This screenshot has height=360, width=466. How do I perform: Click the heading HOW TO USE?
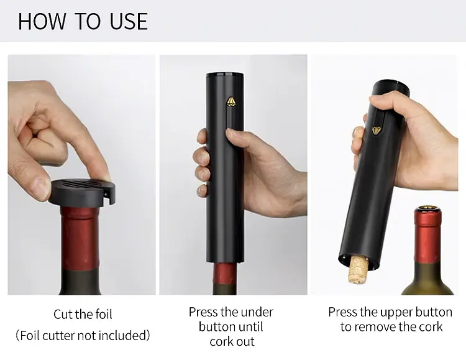tap(83, 21)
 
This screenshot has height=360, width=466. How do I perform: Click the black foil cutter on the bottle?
tap(82, 193)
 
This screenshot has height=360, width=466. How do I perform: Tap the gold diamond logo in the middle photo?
tap(231, 101)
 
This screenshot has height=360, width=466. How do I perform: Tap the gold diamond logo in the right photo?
tap(377, 131)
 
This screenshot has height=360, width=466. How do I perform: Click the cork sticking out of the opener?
tap(358, 270)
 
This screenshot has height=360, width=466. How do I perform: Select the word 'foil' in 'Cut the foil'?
tap(104, 314)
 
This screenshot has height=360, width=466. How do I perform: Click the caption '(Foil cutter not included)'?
tap(83, 335)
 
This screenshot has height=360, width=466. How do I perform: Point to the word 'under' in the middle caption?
tap(257, 312)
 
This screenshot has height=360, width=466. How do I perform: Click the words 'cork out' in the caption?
tap(232, 341)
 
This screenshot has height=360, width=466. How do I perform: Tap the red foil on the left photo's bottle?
tap(80, 238)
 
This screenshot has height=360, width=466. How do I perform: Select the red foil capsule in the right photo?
tap(428, 235)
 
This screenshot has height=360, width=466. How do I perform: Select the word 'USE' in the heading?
tap(129, 21)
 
